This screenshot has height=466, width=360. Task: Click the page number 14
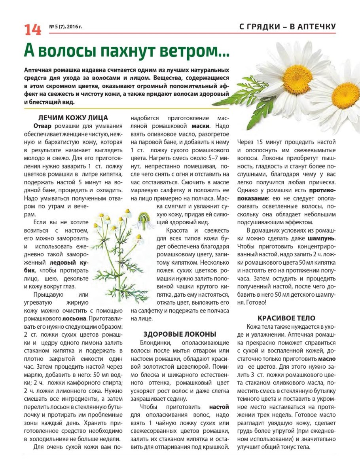click(33, 30)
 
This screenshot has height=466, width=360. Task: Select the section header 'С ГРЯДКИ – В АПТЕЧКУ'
click(288, 27)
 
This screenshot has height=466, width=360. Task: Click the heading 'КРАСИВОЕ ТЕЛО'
click(286, 318)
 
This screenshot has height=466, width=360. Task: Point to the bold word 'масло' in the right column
click(327, 359)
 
